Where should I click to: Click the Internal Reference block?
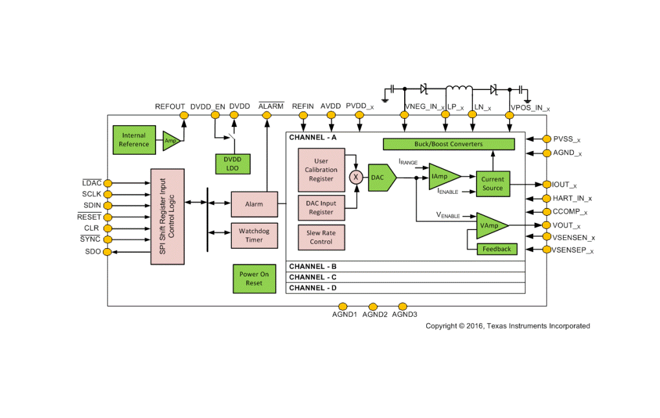[134, 140]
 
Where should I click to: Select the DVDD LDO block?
[232, 163]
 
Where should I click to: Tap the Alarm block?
[254, 204]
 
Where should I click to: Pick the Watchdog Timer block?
[254, 235]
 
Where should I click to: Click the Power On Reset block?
[254, 279]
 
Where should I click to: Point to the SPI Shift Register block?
[167, 216]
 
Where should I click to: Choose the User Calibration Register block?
[321, 170]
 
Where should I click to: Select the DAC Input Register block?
[321, 207]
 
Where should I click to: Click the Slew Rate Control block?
[321, 237]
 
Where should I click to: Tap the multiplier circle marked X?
[356, 177]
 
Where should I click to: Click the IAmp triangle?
[442, 176]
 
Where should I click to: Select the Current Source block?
[492, 184]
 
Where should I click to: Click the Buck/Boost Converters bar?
[448, 144]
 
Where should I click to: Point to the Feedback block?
[497, 249]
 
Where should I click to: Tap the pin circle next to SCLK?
[108, 194]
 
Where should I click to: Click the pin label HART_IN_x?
[572, 198]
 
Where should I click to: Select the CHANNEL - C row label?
[313, 277]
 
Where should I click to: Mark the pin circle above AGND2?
[373, 306]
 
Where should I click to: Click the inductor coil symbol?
[459, 89]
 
